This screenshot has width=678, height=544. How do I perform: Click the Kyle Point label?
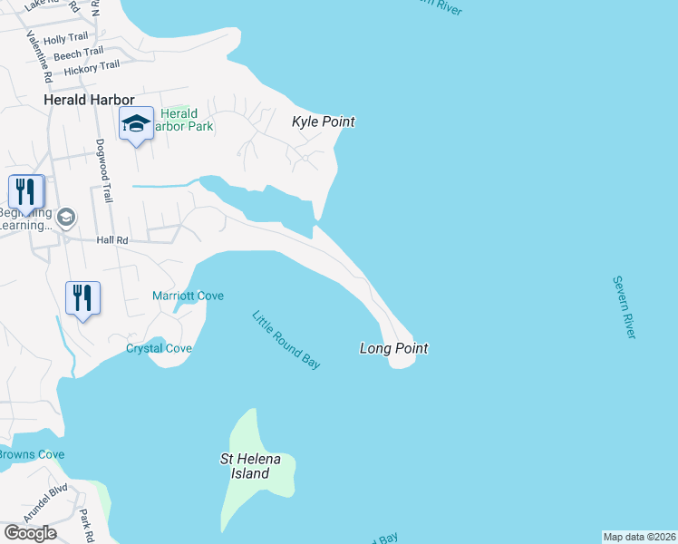pyautogui.click(x=323, y=121)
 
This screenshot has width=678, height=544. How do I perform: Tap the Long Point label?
pyautogui.click(x=393, y=348)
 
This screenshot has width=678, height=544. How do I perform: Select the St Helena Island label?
pyautogui.click(x=251, y=466)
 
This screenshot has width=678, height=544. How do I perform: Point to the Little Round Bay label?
pyautogui.click(x=286, y=340)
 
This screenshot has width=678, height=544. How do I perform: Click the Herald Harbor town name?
pyautogui.click(x=89, y=100)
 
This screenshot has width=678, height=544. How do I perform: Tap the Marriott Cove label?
pyautogui.click(x=188, y=296)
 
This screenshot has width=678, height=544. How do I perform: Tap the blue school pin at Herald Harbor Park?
pyautogui.click(x=136, y=124)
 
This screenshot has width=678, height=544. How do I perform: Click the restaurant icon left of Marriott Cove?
pyautogui.click(x=82, y=296)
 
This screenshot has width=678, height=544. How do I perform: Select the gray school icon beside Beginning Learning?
pyautogui.click(x=66, y=218)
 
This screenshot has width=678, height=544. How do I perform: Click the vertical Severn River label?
pyautogui.click(x=624, y=307)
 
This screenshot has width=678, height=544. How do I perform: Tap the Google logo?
pyautogui.click(x=30, y=533)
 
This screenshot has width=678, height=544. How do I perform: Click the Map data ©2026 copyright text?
pyautogui.click(x=639, y=537)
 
